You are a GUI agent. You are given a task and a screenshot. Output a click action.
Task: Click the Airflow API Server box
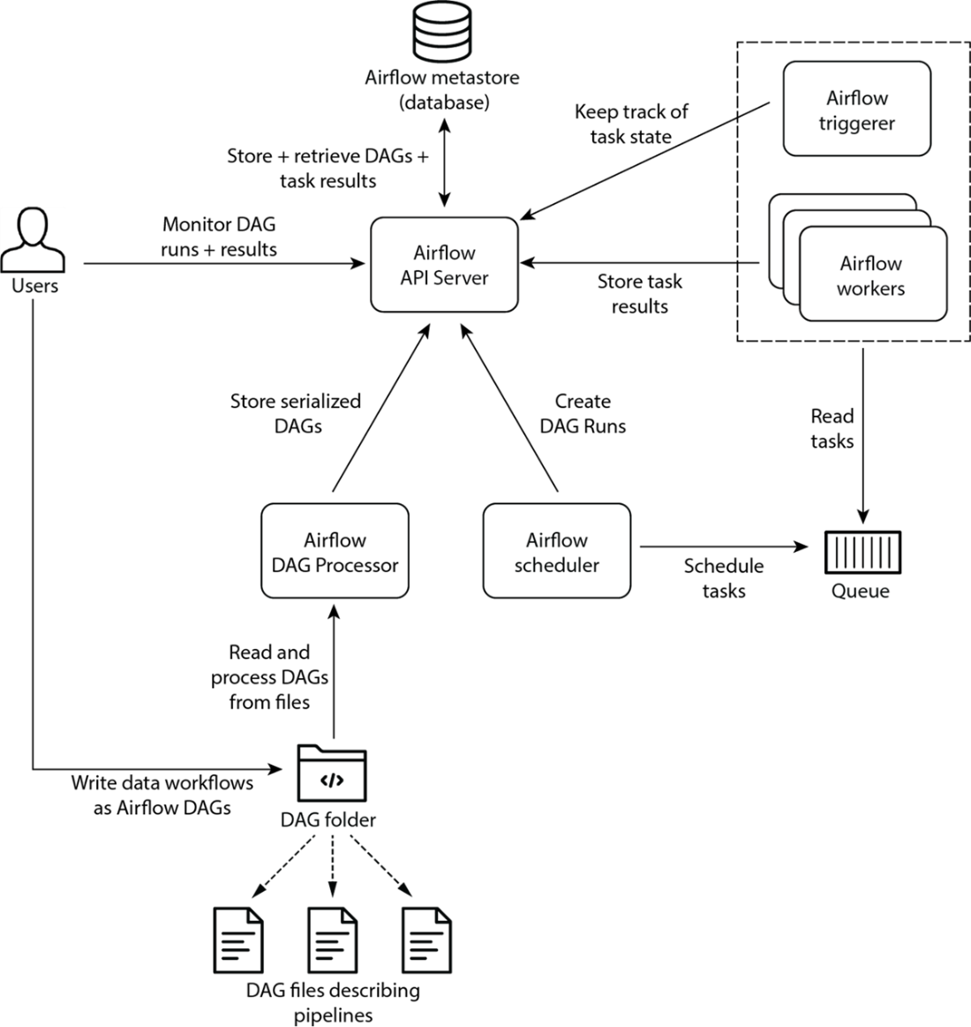click(444, 265)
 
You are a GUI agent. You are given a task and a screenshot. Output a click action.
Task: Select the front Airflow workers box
click(872, 274)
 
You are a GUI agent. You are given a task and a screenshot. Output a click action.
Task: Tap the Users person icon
click(34, 238)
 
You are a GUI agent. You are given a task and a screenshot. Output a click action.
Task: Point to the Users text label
click(35, 286)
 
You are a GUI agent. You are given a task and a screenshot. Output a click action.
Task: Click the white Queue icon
click(862, 553)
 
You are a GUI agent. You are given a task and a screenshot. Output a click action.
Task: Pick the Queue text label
click(860, 590)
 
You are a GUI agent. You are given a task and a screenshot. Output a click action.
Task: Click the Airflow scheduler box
click(556, 552)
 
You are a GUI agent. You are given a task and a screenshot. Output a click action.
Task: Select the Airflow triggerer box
click(856, 109)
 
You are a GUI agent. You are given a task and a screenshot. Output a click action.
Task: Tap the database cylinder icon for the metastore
click(441, 32)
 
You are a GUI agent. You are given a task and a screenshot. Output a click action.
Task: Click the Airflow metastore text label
click(441, 78)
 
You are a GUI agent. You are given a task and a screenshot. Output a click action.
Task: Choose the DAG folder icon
click(332, 774)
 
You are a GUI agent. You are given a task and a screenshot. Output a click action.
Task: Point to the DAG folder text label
click(328, 819)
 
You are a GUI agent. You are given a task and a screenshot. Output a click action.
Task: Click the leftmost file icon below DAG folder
click(238, 940)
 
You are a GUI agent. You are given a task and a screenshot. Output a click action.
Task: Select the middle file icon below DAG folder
click(332, 940)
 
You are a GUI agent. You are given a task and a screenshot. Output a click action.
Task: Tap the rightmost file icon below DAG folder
click(427, 940)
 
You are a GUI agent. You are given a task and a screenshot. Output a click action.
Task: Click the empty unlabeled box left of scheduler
click(335, 552)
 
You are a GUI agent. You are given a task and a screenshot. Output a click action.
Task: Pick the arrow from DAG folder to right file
click(380, 866)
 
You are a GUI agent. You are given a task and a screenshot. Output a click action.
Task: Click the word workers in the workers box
click(870, 289)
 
